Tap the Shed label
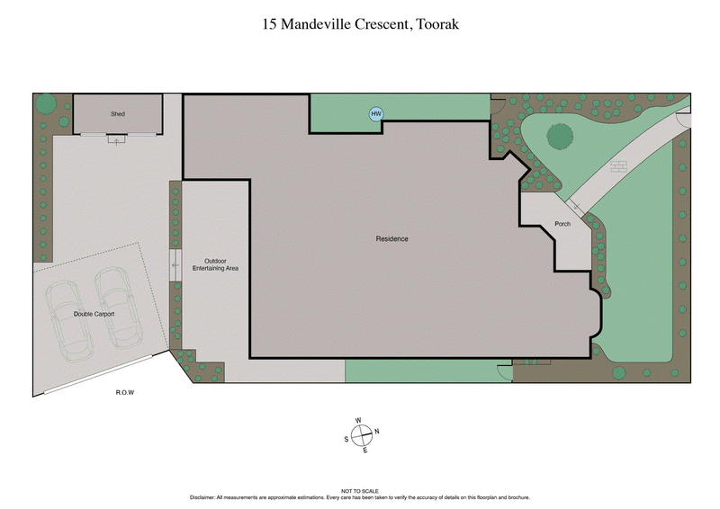pyautogui.click(x=117, y=114)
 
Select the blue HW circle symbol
pyautogui.click(x=376, y=114)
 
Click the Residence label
pyautogui.click(x=392, y=238)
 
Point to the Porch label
pyautogui.click(x=562, y=223)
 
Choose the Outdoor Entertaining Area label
pyautogui.click(x=215, y=264)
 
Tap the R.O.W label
pyautogui.click(x=125, y=393)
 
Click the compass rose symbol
pyautogui.click(x=361, y=433)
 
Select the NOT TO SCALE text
pyautogui.click(x=360, y=491)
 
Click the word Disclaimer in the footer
pyautogui.click(x=204, y=497)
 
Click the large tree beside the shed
pyautogui.click(x=45, y=103)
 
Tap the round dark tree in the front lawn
pyautogui.click(x=560, y=137)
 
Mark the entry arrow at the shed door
pyautogui.click(x=115, y=140)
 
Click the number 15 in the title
pyautogui.click(x=270, y=24)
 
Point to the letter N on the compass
pyautogui.click(x=376, y=432)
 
